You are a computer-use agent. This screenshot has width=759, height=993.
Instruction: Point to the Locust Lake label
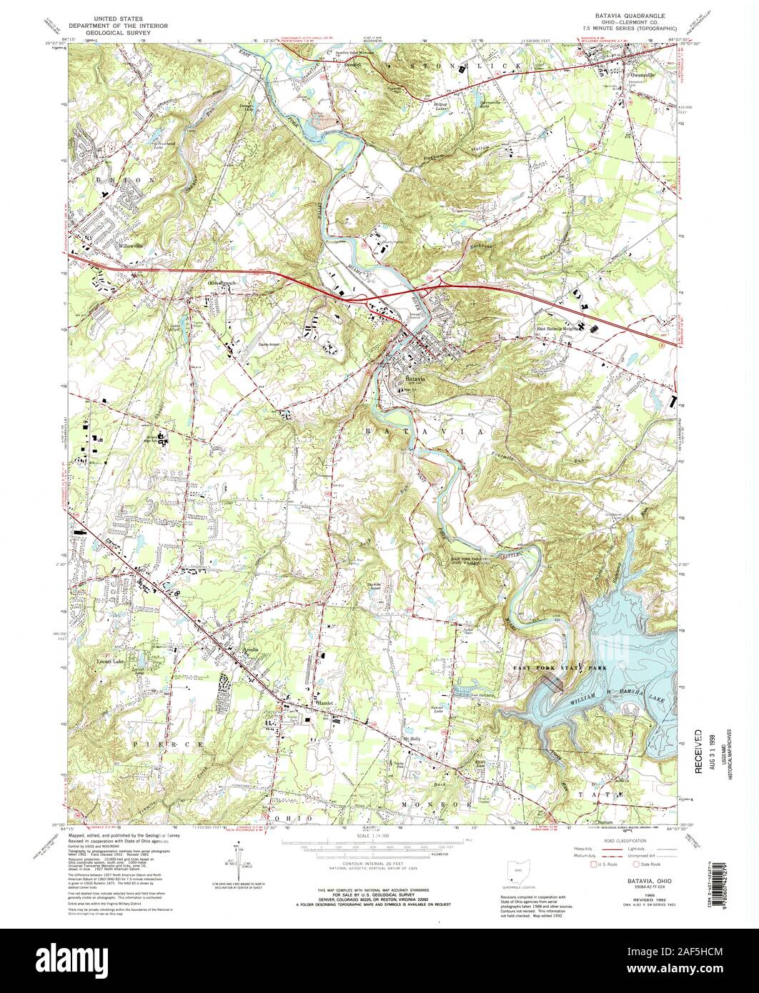click(x=111, y=662)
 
